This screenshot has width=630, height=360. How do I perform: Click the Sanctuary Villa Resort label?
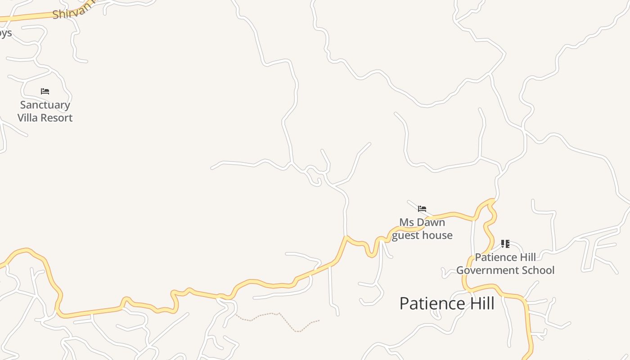point(45,111)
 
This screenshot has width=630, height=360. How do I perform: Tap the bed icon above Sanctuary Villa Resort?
point(45,91)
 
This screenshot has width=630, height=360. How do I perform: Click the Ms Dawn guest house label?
point(422,229)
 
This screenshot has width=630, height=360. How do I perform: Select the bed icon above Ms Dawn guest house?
point(422,209)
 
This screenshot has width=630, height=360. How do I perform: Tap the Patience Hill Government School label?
point(505,264)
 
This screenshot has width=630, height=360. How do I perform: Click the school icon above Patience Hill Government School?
point(505,244)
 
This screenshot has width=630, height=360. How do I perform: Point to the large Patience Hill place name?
point(447,303)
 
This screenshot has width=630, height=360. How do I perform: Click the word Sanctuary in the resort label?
point(45,105)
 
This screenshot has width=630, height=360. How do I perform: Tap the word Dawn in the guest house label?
point(431,222)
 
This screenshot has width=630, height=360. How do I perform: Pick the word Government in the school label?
point(487,270)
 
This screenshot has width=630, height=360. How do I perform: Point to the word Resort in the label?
point(56,118)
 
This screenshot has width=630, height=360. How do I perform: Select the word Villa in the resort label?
point(28,118)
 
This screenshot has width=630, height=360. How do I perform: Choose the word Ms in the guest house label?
point(406,222)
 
